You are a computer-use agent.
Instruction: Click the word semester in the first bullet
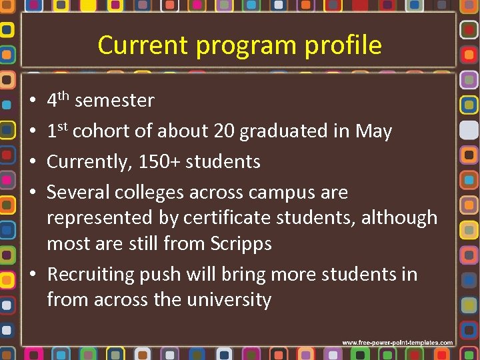(x=115, y=101)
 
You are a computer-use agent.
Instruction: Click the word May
(x=373, y=132)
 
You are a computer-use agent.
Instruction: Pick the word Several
(x=78, y=193)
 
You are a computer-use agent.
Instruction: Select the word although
(x=399, y=218)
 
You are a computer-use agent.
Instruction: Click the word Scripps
(x=242, y=243)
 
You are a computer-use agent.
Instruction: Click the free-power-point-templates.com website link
(x=398, y=343)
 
